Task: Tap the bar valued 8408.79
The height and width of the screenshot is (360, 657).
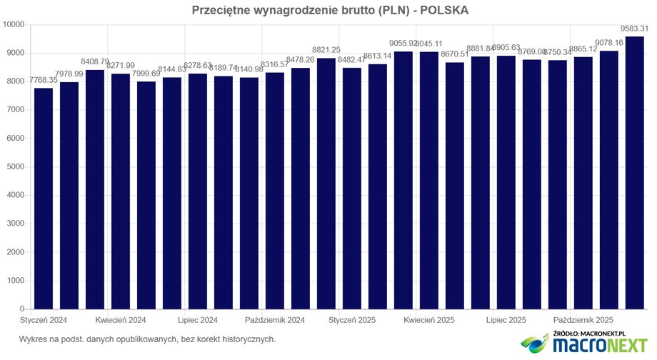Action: [x=95, y=189]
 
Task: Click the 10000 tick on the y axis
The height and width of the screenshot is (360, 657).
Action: [x=14, y=25]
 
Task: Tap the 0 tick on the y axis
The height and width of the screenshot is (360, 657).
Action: [x=23, y=309]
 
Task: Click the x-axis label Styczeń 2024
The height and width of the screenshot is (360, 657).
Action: [x=44, y=319]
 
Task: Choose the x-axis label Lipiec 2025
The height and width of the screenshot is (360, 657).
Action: [x=506, y=319]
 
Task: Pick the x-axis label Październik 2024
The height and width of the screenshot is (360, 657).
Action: [x=275, y=319]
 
